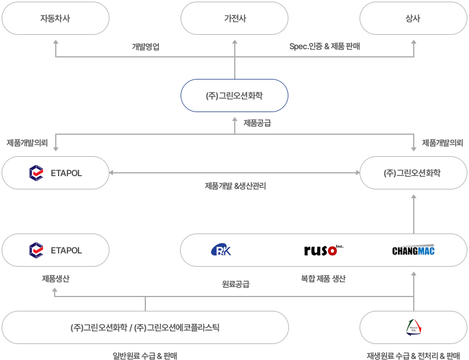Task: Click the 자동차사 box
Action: pos(55,18)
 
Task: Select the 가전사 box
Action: pos(234,18)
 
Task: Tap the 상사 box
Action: pos(413,18)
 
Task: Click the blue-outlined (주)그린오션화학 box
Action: pos(234,96)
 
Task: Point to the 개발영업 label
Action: pos(146,46)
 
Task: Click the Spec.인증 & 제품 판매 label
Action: pos(324,46)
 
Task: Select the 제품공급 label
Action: pos(257,123)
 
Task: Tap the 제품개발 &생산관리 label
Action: pos(235,186)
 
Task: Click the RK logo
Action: pos(221,250)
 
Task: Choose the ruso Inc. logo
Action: pos(324,250)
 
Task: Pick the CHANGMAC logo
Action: pos(413,250)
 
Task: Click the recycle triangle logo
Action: pos(414,327)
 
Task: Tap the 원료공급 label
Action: pos(236,284)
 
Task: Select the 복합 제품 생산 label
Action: pos(323,279)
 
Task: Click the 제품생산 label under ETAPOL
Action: pos(56,279)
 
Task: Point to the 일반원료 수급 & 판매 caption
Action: pos(145,356)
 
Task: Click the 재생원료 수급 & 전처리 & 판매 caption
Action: pos(413,356)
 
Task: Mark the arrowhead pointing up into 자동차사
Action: pos(56,42)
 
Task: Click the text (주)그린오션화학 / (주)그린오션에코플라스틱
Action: pos(145,327)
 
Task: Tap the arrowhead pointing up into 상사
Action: pos(414,42)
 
